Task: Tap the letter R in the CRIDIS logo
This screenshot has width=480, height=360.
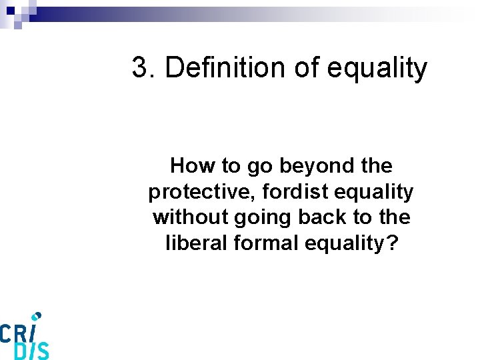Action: (x=23, y=331)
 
